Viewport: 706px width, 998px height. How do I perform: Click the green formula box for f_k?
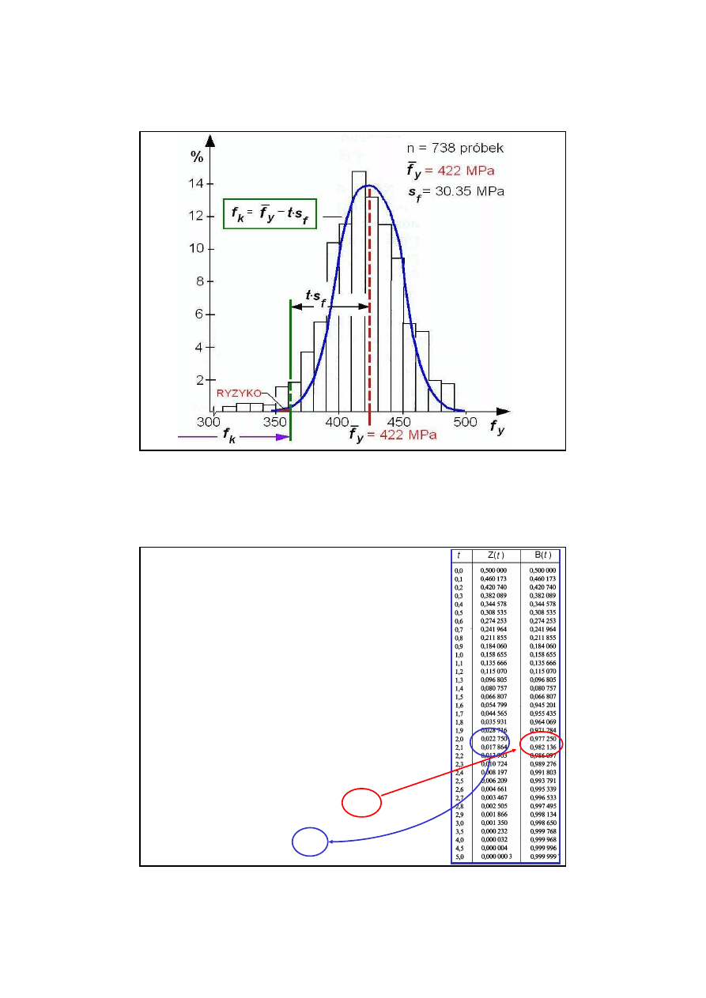click(270, 213)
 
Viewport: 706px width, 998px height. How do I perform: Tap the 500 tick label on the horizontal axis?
click(466, 423)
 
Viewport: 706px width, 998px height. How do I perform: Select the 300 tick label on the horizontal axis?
click(210, 423)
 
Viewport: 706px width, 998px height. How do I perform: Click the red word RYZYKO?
click(238, 393)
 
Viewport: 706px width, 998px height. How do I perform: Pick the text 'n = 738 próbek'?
click(454, 149)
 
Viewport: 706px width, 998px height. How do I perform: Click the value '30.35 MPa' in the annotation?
click(472, 191)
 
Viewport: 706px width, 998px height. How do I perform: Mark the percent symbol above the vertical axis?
click(197, 156)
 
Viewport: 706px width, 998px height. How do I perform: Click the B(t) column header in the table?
click(542, 555)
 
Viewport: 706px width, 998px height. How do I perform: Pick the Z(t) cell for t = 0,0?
click(497, 571)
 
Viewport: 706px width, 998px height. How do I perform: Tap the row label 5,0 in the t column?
click(459, 857)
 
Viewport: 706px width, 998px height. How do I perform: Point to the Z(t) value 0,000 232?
click(497, 831)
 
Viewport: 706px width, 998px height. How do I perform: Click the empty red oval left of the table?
click(361, 802)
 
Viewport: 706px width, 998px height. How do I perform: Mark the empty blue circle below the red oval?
click(310, 842)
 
